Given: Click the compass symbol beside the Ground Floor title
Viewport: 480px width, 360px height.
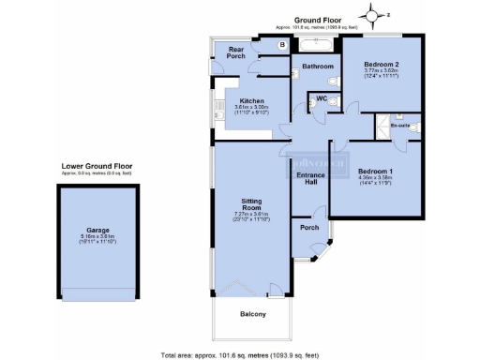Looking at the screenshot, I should pyautogui.click(x=375, y=15).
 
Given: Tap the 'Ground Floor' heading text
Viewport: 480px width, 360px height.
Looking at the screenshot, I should pyautogui.click(x=317, y=19).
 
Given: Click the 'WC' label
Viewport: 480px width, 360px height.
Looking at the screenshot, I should pyautogui.click(x=322, y=97).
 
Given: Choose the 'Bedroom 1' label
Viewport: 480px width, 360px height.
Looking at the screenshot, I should pyautogui.click(x=374, y=170).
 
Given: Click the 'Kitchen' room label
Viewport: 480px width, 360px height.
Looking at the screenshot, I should pyautogui.click(x=251, y=101).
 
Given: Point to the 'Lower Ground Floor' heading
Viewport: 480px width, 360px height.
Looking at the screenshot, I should pyautogui.click(x=94, y=167).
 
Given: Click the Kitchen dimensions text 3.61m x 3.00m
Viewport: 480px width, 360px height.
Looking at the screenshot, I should pyautogui.click(x=251, y=108).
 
